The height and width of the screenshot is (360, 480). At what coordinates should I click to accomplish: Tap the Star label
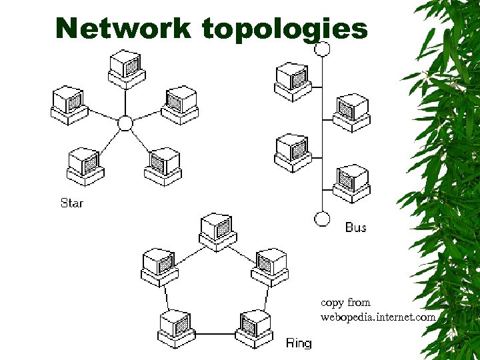[x=71, y=202]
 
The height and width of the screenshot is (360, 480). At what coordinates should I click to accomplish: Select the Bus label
[x=355, y=227]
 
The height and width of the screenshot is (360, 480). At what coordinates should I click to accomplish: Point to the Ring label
[x=298, y=343]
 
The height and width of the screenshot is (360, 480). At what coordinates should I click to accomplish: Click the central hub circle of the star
[x=125, y=123]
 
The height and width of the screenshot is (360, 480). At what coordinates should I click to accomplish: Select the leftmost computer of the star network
[x=69, y=105]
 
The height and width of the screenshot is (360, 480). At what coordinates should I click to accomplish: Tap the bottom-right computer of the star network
[x=163, y=165]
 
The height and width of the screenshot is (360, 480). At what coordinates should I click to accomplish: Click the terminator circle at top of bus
[x=322, y=48]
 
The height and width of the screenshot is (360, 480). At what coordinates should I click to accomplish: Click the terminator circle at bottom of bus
[x=322, y=219]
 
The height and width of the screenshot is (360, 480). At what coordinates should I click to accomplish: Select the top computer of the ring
[x=217, y=231]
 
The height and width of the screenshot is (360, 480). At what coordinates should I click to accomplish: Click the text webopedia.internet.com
[x=377, y=317]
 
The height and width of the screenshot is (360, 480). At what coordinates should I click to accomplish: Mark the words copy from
[x=345, y=302]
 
